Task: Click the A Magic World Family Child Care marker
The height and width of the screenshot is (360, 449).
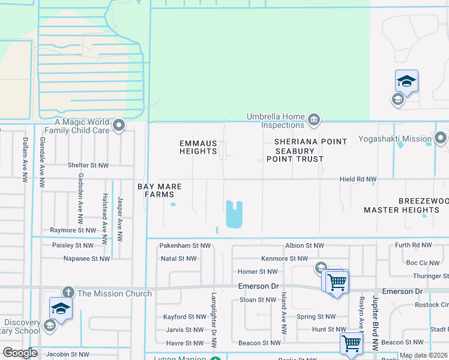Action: (x=119, y=125)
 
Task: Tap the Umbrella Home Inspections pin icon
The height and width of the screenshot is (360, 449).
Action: (x=313, y=121)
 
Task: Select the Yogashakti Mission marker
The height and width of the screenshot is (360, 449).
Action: (x=442, y=139)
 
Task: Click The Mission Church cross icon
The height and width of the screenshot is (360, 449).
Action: (x=67, y=293)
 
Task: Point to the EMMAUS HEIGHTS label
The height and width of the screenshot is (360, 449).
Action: (x=198, y=146)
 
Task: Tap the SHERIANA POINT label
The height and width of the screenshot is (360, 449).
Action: (x=310, y=142)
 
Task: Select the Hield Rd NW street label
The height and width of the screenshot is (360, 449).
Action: (x=358, y=179)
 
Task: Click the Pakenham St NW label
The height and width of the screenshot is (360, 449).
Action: (x=185, y=246)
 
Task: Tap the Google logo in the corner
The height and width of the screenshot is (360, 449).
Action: (x=20, y=353)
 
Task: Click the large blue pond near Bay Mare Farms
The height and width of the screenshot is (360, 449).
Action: (x=234, y=214)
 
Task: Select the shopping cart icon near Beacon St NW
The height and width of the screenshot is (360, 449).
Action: (x=351, y=344)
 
